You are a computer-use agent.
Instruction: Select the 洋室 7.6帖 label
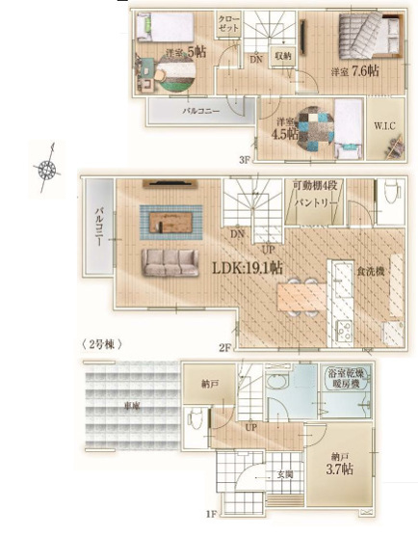pos(354,71)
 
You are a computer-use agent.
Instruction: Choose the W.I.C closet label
pos(382,126)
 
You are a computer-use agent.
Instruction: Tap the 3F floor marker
pos(245,160)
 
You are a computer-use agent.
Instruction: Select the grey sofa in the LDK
pos(169,263)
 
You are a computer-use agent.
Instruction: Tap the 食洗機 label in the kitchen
pos(370,273)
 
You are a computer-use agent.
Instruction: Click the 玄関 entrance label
pos(285,473)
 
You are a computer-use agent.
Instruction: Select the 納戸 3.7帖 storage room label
pos(338,465)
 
